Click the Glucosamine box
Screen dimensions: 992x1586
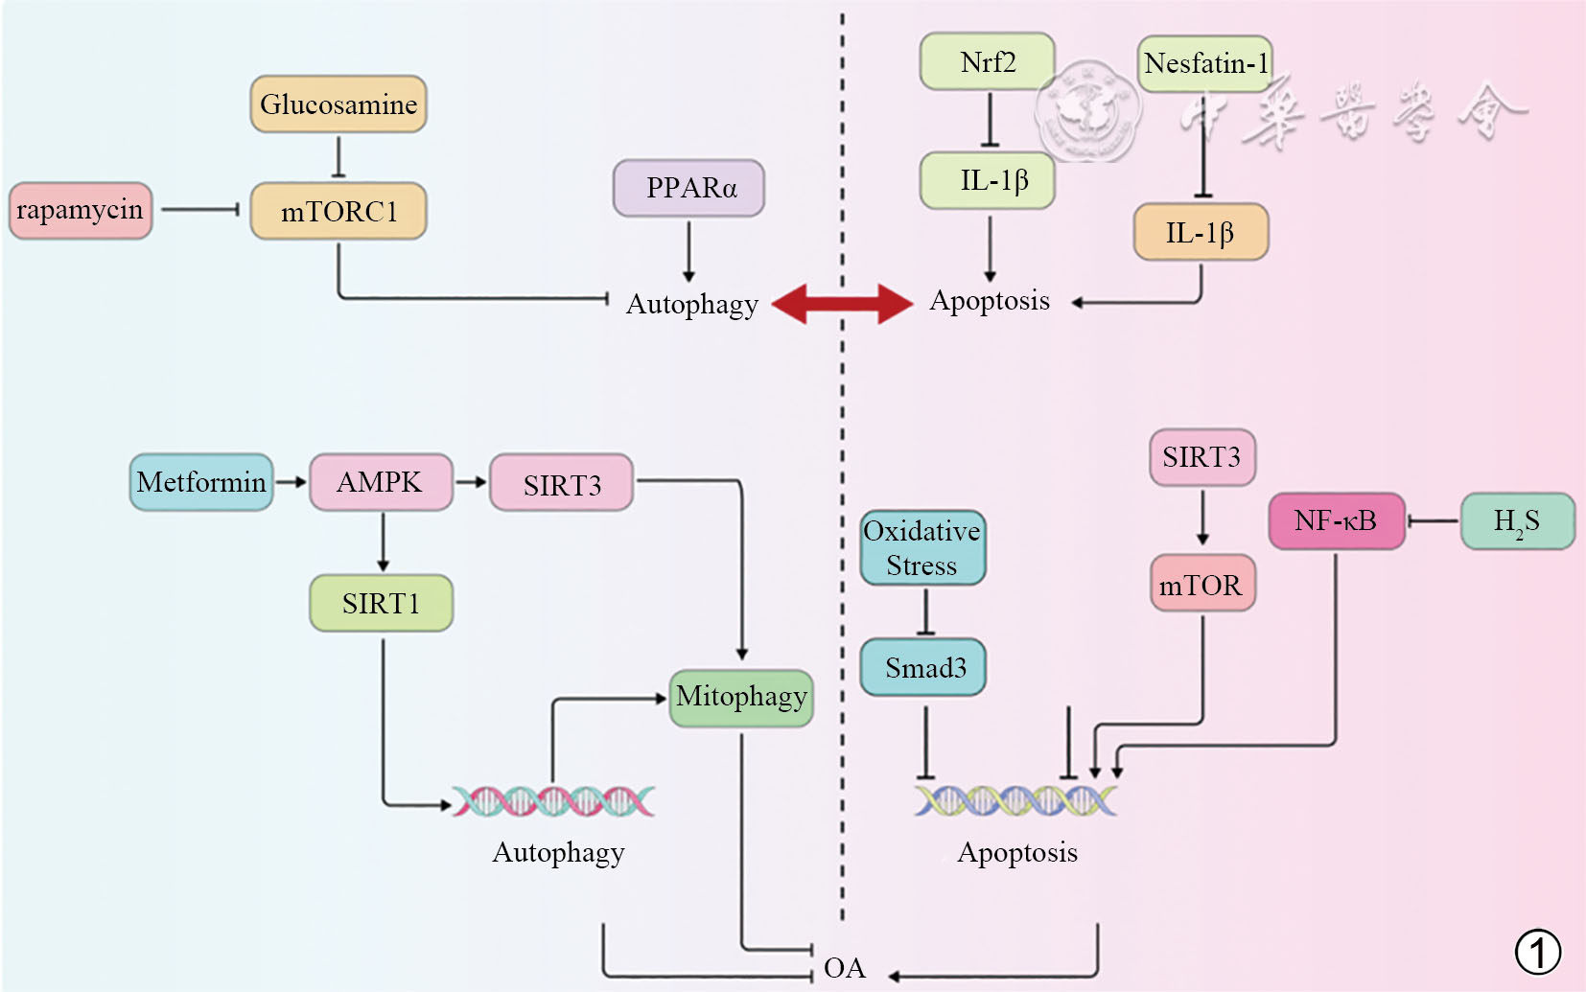pos(338,104)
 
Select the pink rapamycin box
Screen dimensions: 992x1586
pos(81,211)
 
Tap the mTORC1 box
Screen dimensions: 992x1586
pos(338,212)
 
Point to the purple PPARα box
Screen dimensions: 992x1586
pos(688,188)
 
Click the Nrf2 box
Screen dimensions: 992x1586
pos(988,62)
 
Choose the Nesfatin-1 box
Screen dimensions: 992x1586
pos(1205,64)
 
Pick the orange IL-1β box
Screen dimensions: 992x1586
pos(1201,232)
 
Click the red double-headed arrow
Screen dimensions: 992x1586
pos(843,304)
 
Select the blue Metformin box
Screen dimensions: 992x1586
pos(201,482)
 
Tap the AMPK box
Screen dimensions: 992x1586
pos(381,482)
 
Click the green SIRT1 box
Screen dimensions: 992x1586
pos(381,604)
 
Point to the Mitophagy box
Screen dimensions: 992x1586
pos(741,697)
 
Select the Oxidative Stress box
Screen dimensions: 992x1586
pos(922,548)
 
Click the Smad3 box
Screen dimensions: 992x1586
pos(923,668)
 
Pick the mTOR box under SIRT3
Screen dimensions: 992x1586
pos(1201,584)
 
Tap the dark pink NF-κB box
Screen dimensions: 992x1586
pos(1336,521)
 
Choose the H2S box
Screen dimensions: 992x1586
pos(1517,521)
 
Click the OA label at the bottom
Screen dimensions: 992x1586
pos(844,969)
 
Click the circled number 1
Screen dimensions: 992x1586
pos(1538,953)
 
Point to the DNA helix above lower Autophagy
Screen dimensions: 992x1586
pos(553,801)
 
